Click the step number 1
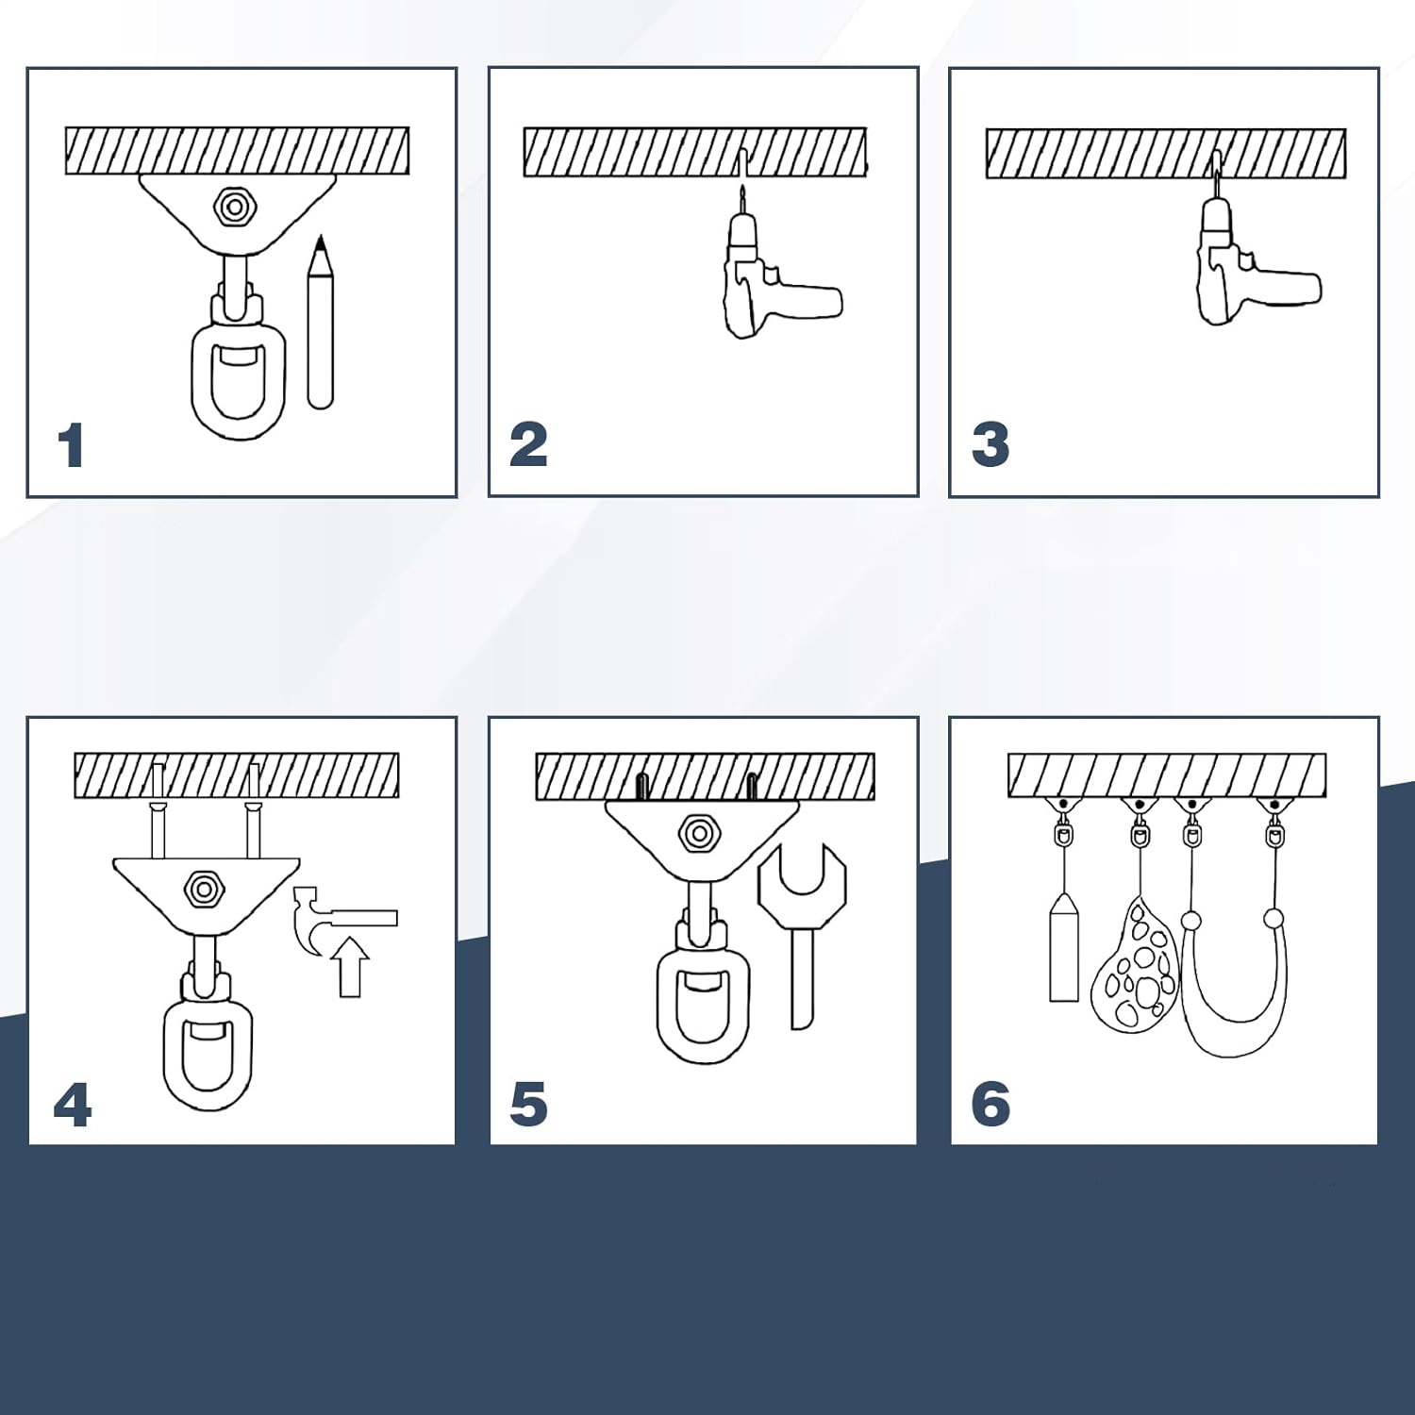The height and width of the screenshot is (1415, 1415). [73, 445]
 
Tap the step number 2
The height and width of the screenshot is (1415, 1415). [528, 445]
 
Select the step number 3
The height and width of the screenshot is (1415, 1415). [990, 445]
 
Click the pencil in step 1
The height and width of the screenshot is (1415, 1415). [320, 322]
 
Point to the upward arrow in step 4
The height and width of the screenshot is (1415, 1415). [349, 967]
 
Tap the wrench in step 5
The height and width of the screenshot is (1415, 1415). [802, 934]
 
